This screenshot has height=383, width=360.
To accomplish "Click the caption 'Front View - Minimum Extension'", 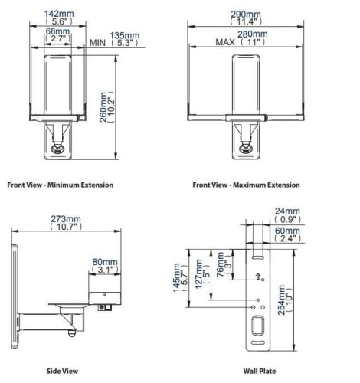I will click(61, 185).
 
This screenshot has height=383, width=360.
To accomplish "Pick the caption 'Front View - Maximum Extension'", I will click(246, 185).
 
